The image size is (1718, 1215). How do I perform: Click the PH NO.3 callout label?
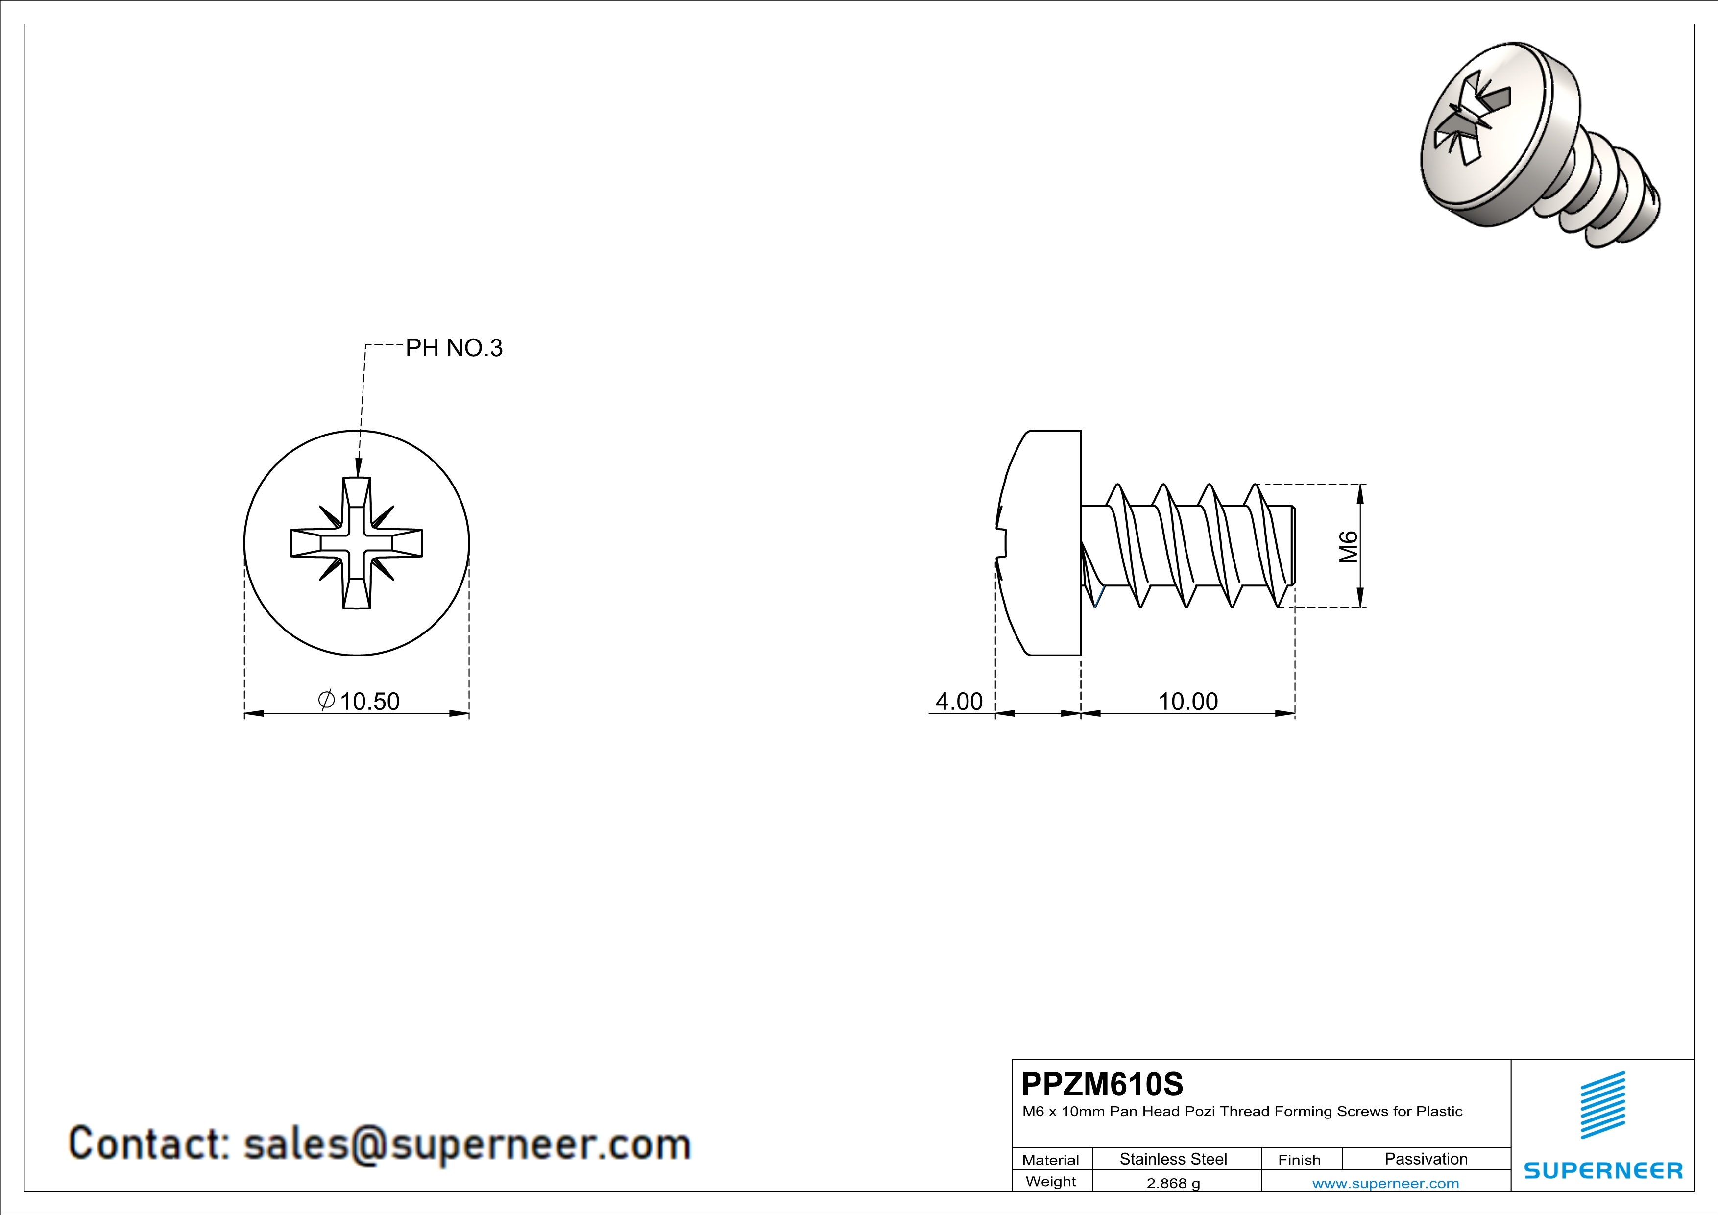point(454,348)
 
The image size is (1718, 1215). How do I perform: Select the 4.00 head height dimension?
point(959,701)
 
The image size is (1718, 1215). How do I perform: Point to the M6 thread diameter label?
point(1348,546)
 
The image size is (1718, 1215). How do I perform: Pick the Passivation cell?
point(1426,1159)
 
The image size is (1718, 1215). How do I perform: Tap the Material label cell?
point(1051,1160)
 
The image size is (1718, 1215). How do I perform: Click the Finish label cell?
point(1299,1160)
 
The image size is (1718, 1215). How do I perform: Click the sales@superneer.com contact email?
point(466,1144)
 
